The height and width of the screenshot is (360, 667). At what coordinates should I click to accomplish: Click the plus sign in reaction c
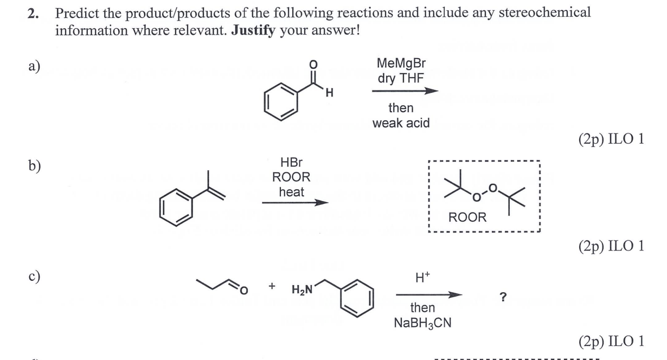pyautogui.click(x=272, y=286)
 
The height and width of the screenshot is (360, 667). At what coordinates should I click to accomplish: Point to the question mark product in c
pyautogui.click(x=503, y=297)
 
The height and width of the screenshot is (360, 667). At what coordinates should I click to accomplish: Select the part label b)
pyautogui.click(x=34, y=166)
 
